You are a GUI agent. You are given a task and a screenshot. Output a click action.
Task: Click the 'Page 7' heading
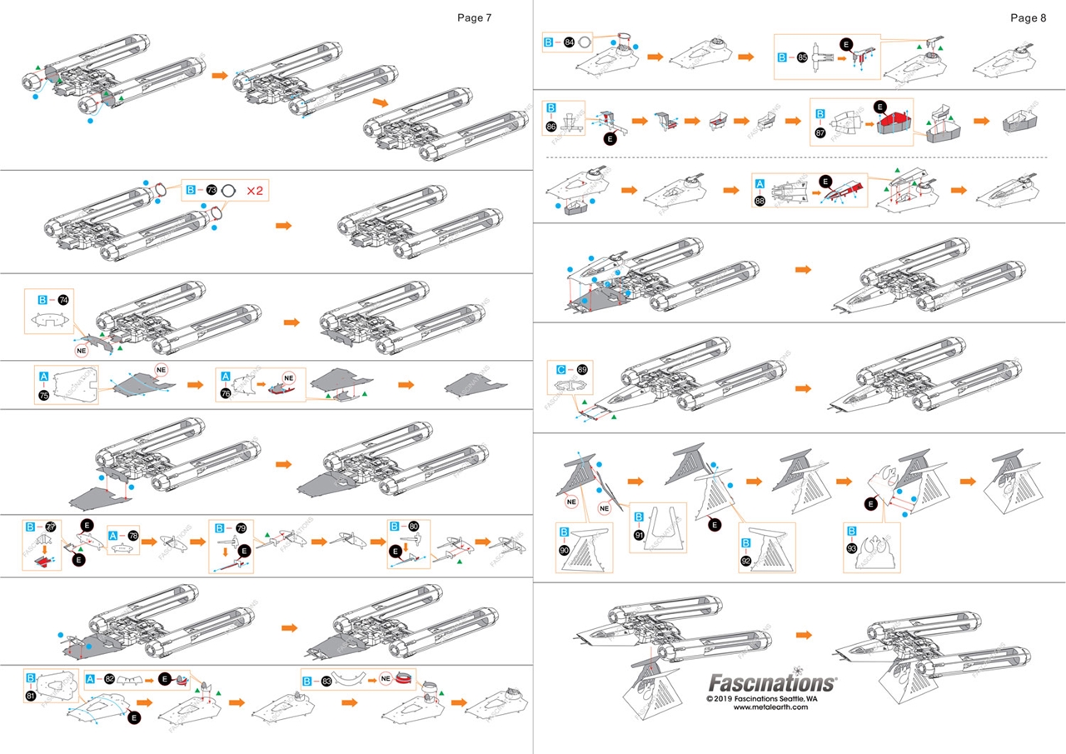pyautogui.click(x=475, y=17)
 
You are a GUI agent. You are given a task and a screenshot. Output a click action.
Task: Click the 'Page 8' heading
pyautogui.click(x=1028, y=17)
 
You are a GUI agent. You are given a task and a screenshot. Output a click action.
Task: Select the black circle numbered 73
pyautogui.click(x=212, y=191)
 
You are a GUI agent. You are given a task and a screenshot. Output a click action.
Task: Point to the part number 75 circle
pyautogui.click(x=43, y=395)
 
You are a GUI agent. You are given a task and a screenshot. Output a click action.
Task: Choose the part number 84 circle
pyautogui.click(x=570, y=41)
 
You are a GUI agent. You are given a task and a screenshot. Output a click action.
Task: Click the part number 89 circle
pyautogui.click(x=582, y=368)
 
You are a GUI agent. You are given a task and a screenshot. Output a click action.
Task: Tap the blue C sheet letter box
pyautogui.click(x=561, y=368)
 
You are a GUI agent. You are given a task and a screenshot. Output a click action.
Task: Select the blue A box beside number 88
pyautogui.click(x=760, y=184)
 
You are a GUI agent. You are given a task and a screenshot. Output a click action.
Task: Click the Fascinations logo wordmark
pyautogui.click(x=771, y=683)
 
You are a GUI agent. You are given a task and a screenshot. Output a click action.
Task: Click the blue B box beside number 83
pyautogui.click(x=307, y=681)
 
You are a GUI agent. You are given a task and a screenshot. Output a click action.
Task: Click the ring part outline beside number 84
pyautogui.click(x=585, y=41)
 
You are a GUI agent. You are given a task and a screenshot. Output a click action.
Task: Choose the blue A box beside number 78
pyautogui.click(x=112, y=537)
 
